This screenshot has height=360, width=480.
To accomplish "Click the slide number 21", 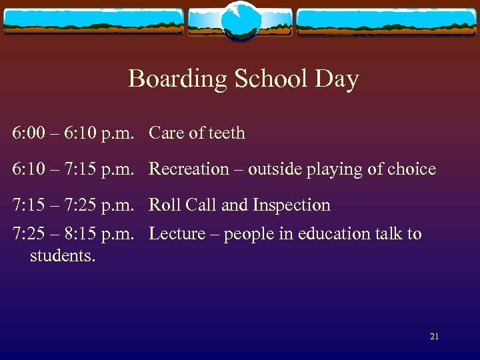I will pyautogui.click(x=434, y=337).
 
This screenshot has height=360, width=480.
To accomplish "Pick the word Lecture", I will pyautogui.click(x=177, y=234).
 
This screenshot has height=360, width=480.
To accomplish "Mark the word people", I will pyautogui.click(x=247, y=234).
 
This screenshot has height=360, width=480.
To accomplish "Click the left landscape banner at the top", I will pyautogui.click(x=93, y=22).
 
